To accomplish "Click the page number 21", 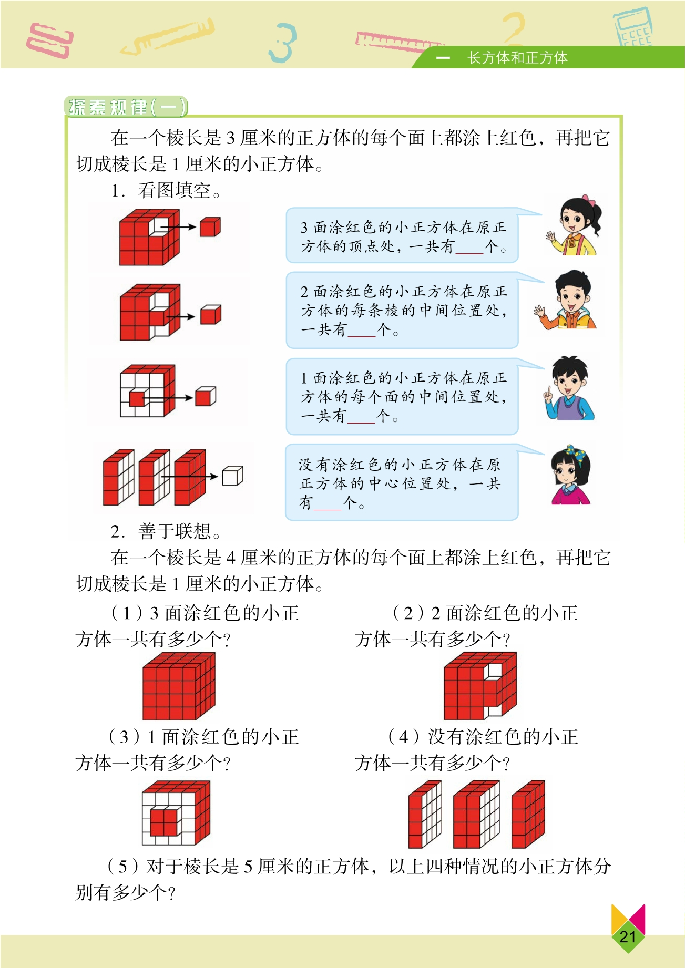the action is pyautogui.click(x=628, y=936).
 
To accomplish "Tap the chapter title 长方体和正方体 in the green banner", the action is pyautogui.click(x=517, y=58).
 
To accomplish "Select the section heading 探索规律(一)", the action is pyautogui.click(x=126, y=107).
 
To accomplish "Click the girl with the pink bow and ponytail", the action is pyautogui.click(x=574, y=226).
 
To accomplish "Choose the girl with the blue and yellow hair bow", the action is pyautogui.click(x=570, y=476).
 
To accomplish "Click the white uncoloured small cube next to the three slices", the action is pyautogui.click(x=232, y=476).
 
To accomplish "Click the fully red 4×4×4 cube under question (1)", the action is pyautogui.click(x=179, y=686).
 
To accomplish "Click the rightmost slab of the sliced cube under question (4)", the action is pyautogui.click(x=528, y=814).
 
